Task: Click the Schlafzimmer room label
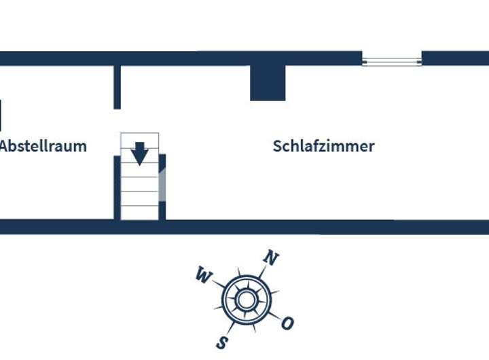[x=323, y=146]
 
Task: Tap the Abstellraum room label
[x=43, y=146]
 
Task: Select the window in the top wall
[x=392, y=62]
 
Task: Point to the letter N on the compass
[x=271, y=258]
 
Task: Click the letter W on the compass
[x=202, y=274]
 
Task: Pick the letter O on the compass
[x=287, y=323]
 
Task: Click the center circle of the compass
[x=246, y=300]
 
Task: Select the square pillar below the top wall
[x=268, y=83]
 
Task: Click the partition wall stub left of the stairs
[x=117, y=86]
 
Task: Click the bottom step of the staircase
[x=139, y=212]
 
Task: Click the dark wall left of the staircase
[x=117, y=187]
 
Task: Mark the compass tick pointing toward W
[x=219, y=283]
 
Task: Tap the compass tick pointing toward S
[x=230, y=327]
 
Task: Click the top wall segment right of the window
[x=455, y=58]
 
